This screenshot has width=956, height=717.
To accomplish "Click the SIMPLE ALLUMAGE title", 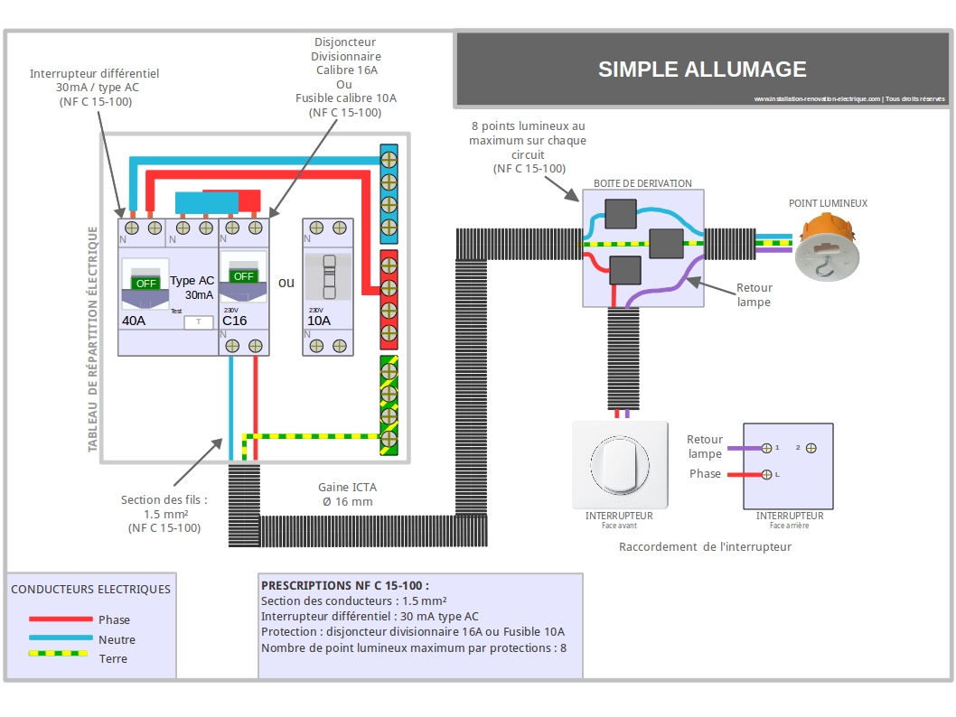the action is coord(702,70).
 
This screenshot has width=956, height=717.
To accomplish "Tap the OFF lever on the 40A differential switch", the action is coord(145,284).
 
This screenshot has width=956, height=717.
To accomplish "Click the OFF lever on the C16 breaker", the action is coord(243,276).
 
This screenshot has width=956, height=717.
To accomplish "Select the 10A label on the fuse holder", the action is coord(319,321).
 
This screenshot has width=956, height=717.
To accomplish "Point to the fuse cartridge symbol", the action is coord(329,277).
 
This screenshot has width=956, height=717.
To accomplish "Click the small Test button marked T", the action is coord(199,321).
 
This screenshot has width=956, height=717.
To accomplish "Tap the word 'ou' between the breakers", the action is coord(286,283).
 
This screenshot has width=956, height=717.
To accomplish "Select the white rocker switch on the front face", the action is coord(620,465).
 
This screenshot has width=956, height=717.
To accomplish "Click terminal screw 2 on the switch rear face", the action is coord(811,449).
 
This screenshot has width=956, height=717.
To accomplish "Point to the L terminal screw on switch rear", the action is coord(767,475).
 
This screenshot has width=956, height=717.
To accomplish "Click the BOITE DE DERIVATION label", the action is coord(642,183).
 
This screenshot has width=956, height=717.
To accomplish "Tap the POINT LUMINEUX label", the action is coord(828,203).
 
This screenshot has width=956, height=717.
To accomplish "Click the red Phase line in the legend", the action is coord(61,619).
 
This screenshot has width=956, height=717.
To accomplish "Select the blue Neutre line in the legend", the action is coord(61,638).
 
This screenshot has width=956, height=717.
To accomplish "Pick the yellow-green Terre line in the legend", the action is coord(58,654).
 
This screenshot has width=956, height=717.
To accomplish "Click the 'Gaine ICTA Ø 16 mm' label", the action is coord(348,495).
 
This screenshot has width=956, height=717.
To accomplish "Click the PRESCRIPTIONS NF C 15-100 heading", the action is coord(345,585).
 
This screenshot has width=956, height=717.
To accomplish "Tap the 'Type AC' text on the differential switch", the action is coord(192,280).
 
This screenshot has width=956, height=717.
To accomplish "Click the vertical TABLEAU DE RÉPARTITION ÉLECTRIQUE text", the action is coord(93,340).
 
